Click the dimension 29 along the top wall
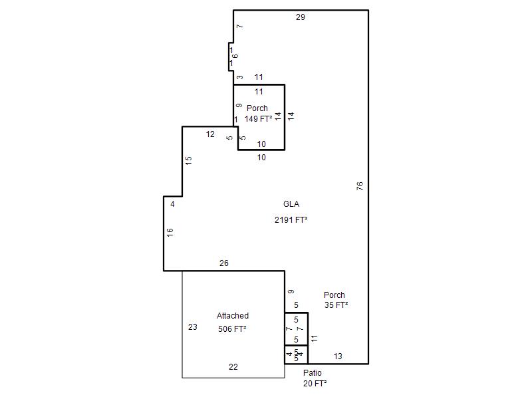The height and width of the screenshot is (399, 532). pyautogui.click(x=301, y=17)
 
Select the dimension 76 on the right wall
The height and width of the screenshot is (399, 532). pyautogui.click(x=360, y=186)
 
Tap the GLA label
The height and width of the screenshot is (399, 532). pyautogui.click(x=291, y=204)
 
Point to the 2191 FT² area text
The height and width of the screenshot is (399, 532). pyautogui.click(x=291, y=220)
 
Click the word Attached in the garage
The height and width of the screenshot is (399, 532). pyautogui.click(x=233, y=315)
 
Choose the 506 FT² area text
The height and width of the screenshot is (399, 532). pyautogui.click(x=232, y=329)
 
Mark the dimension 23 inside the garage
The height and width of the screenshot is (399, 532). pyautogui.click(x=193, y=327)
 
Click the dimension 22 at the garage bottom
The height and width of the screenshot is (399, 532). pyautogui.click(x=233, y=367)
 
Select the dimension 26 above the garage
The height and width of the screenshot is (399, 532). pyautogui.click(x=224, y=263)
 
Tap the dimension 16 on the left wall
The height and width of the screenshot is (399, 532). pyautogui.click(x=170, y=232)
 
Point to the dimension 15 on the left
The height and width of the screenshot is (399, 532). pyautogui.click(x=189, y=160)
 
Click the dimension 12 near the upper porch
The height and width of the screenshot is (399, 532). pyautogui.click(x=210, y=134)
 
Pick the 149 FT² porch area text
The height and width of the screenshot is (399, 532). pyautogui.click(x=258, y=119)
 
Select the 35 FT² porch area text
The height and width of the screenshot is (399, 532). pyautogui.click(x=336, y=305)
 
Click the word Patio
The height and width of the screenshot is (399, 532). pyautogui.click(x=313, y=372)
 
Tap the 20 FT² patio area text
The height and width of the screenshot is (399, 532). pyautogui.click(x=315, y=384)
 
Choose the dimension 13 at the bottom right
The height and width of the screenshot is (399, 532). pyautogui.click(x=338, y=356)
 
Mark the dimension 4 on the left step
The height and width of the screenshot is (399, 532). pyautogui.click(x=172, y=204)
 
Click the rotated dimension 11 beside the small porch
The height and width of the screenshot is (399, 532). pyautogui.click(x=314, y=338)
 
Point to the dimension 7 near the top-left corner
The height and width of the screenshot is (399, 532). pyautogui.click(x=240, y=26)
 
